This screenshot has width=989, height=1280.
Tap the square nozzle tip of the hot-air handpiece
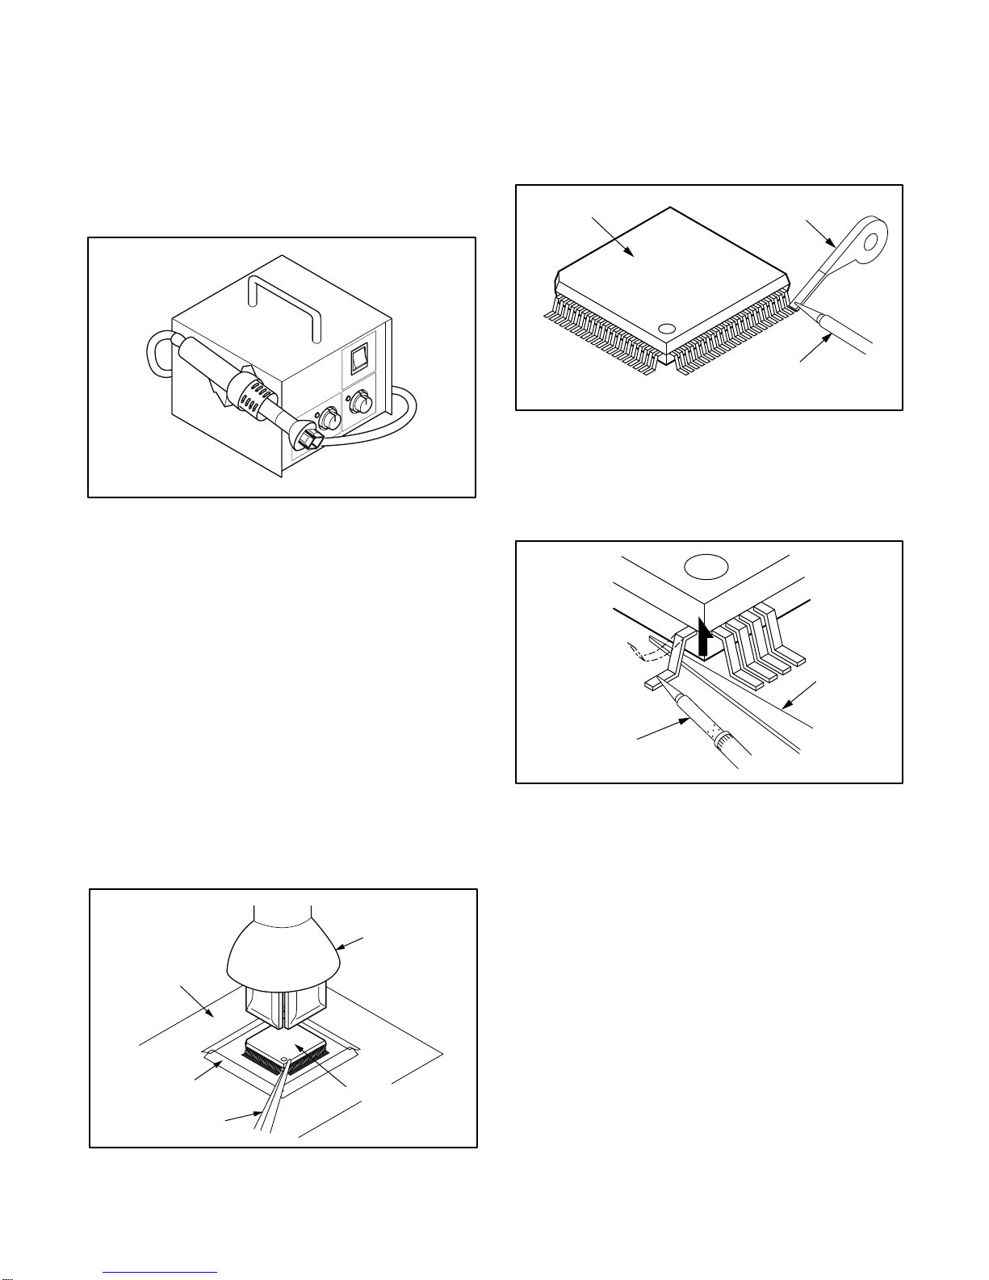click(x=312, y=439)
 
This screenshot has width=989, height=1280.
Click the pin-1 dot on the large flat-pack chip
click(x=667, y=329)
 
